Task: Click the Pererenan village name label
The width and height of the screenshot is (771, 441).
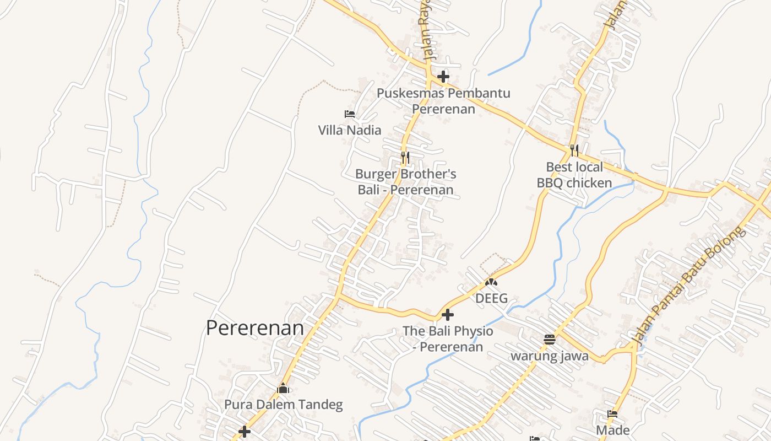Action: coord(255,328)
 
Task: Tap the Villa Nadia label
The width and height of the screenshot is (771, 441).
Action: coord(350,131)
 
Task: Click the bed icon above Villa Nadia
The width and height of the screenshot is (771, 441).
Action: coord(350,114)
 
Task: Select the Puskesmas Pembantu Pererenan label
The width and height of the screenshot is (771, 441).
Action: coord(443,101)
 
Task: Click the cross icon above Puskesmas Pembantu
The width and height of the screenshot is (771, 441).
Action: coord(443,77)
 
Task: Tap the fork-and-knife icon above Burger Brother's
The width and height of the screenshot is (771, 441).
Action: coord(405,158)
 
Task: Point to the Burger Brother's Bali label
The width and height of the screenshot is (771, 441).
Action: coord(406,182)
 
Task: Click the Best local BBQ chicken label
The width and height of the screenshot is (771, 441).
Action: coord(574,175)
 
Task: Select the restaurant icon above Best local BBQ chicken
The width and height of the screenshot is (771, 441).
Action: coord(574,150)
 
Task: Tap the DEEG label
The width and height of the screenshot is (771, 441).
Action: coord(491,299)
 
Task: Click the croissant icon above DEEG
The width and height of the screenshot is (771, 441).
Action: coord(491,282)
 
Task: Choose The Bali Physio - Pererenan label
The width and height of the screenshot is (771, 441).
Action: coord(448,339)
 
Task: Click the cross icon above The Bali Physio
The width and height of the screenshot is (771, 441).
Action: coord(448,315)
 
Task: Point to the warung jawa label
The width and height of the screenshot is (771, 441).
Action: coord(550,356)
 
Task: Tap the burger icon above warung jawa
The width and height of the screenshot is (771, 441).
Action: coord(550,340)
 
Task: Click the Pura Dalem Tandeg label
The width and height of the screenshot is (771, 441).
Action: coord(283,405)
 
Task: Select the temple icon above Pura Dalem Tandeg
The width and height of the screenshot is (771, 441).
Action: coord(283,389)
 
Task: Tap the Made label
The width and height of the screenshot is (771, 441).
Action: coord(612,430)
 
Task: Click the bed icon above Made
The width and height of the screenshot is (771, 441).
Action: coord(612,414)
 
